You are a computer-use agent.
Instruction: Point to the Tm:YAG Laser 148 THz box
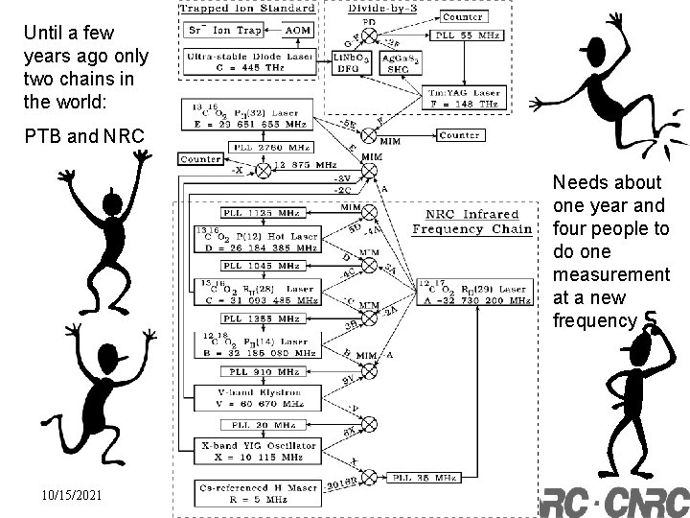click(461, 97)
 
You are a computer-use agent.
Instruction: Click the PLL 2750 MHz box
click(261, 147)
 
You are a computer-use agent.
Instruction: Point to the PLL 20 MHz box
click(252, 424)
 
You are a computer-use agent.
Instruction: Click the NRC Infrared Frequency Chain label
click(471, 222)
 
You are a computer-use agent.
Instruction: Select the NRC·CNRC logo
click(613, 501)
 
